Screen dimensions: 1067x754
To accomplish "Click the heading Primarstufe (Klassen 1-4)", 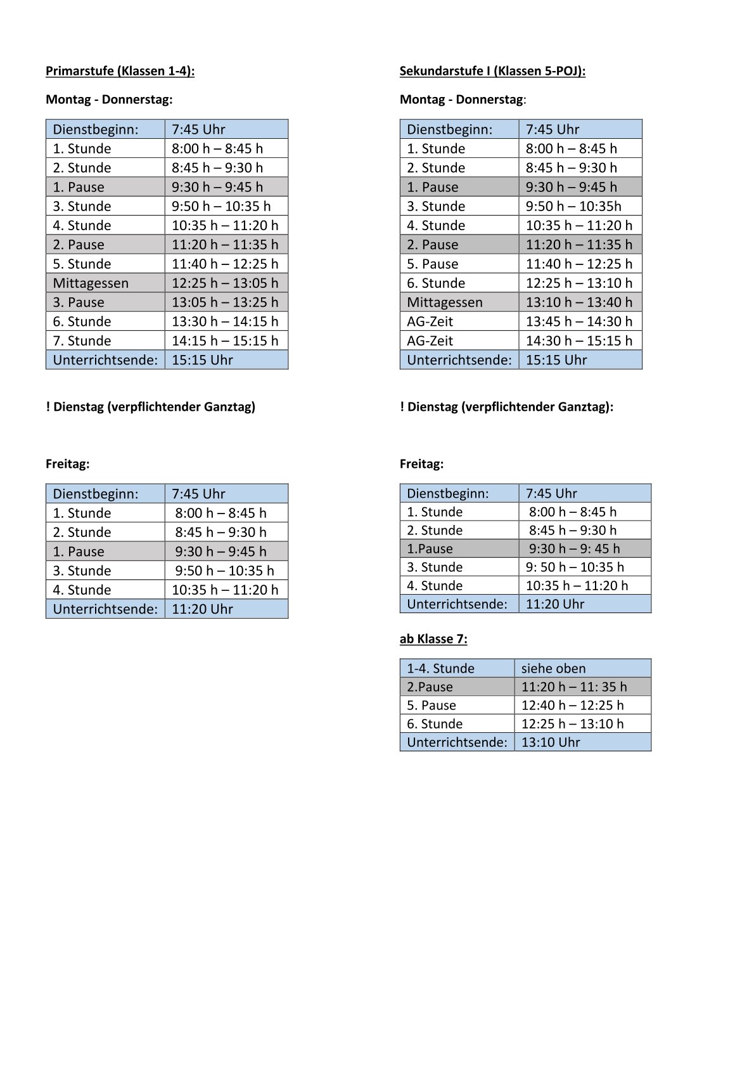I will (120, 71).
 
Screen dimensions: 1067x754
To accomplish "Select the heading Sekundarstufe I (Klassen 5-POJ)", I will (492, 71).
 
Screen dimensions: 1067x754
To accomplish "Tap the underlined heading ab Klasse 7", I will (433, 639).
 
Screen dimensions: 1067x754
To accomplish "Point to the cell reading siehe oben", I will (553, 668).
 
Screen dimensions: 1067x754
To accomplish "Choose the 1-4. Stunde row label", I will (440, 668).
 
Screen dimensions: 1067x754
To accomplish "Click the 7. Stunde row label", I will (82, 340).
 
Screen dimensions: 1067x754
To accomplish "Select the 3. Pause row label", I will (79, 302).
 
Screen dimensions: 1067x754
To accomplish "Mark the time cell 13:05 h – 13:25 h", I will (224, 302).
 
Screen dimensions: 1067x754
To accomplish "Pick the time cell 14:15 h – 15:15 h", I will (224, 340).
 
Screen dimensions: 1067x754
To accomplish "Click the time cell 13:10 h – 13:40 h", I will (578, 302).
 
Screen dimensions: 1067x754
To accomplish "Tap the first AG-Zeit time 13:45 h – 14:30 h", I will (578, 321).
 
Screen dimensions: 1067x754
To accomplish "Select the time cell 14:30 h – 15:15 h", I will (578, 340).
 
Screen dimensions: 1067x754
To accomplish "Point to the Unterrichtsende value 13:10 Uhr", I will (550, 742).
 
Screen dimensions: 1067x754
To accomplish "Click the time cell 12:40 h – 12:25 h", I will (572, 705).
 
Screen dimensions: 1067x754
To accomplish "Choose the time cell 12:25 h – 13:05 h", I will (224, 283).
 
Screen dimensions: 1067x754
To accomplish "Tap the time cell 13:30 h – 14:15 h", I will (224, 321).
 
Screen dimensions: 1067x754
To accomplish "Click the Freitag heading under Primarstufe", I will (68, 464).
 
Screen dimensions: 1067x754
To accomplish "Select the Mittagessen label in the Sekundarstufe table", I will (444, 302).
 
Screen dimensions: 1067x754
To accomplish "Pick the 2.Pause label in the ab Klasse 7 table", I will (430, 687).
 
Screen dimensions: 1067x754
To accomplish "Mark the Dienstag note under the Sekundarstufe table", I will (506, 407).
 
